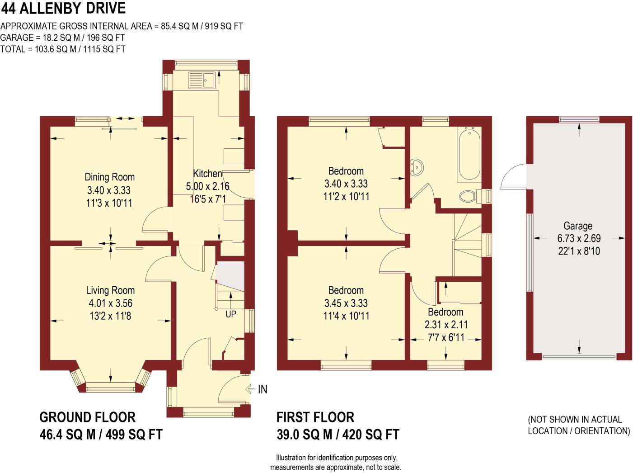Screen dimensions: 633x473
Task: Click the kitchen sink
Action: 202,80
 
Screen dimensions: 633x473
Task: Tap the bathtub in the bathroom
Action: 469,155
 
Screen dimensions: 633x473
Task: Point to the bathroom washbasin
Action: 417,166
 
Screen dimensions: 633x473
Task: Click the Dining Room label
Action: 110,177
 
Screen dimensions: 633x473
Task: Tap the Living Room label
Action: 110,290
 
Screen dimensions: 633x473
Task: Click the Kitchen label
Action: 207,174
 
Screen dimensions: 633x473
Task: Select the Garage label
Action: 578,226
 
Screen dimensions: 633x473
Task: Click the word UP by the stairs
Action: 231,314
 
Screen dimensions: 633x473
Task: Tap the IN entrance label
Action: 263,389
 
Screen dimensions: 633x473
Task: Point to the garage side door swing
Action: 514,177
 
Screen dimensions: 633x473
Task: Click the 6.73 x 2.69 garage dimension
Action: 579,238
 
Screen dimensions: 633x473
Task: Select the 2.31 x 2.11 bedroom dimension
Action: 446,325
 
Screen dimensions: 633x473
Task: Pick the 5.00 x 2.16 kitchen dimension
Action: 208,186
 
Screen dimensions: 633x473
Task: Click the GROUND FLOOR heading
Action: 87,417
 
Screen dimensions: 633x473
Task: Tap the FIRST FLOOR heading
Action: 315,417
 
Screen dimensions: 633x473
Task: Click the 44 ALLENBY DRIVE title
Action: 63,9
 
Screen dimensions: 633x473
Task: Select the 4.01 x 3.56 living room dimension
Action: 110,303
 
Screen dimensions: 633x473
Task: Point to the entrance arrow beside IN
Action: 250,389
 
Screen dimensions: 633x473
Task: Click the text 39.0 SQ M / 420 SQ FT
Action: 338,435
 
